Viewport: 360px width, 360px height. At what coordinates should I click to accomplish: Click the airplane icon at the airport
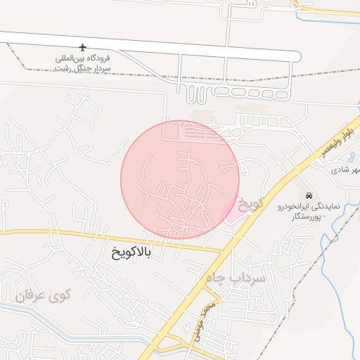pos(82,48)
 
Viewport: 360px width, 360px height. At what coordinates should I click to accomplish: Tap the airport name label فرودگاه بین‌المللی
pos(82,59)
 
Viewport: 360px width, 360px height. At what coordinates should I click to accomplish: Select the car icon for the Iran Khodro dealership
pos(307,194)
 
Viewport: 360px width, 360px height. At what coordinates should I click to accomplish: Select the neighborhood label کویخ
pos(250,204)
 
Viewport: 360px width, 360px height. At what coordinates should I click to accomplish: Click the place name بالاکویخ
pos(131,250)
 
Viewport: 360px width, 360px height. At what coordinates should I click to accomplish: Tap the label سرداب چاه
pos(236,278)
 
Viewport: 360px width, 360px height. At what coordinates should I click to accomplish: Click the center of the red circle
pos(180,180)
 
